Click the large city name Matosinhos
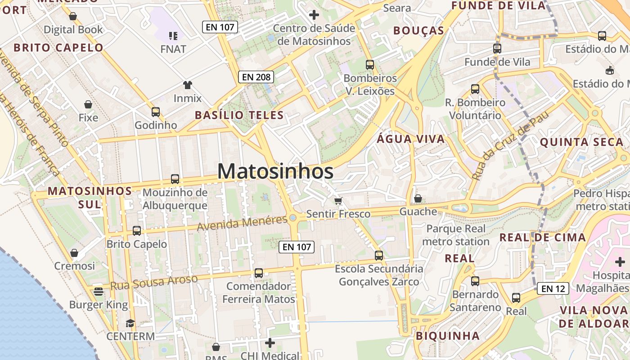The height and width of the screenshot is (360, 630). coord(275,171)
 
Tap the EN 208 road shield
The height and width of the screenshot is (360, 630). coord(256,77)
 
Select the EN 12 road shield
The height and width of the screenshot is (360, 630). coord(553,288)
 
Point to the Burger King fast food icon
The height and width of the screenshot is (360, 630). coord(99,292)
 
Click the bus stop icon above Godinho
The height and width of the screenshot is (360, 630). coord(156,112)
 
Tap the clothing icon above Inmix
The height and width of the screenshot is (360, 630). coord(187,85)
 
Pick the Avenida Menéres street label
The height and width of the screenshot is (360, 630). coord(242,222)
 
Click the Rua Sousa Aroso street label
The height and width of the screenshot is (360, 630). coord(154,282)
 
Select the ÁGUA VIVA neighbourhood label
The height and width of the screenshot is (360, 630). coord(410,139)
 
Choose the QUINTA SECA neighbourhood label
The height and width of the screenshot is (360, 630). coord(581,142)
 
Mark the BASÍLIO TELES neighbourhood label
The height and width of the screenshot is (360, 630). coord(239,115)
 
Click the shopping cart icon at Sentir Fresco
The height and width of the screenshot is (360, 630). coord(338,201)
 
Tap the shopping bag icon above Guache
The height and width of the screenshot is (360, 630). coord(418,198)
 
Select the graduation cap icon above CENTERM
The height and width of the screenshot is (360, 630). coord(130,323)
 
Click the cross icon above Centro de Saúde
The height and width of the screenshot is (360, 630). coord(314,15)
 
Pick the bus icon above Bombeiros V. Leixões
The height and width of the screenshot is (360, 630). coord(370,65)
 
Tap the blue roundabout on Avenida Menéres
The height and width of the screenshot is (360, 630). coord(293,218)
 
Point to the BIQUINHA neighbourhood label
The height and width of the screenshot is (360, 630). coord(447,336)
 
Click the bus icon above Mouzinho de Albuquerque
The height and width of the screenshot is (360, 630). coord(175,179)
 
